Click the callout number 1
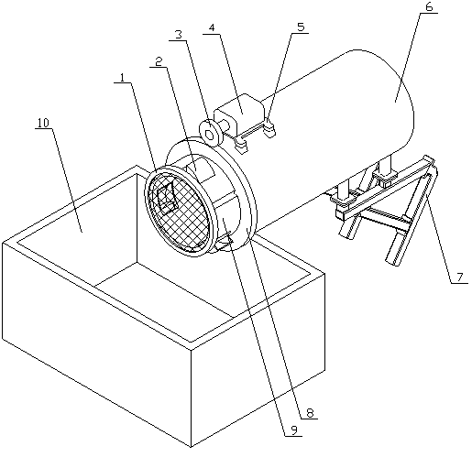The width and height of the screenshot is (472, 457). tap(123, 78)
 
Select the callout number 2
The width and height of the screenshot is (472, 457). tap(159, 62)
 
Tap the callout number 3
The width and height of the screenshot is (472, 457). tap(179, 34)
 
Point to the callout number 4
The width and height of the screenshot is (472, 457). tap(212, 27)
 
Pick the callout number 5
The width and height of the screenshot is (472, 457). tap(301, 27)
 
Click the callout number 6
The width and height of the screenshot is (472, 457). tap(429, 7)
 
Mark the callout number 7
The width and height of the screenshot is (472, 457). tap(460, 277)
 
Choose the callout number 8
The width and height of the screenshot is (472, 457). tap(310, 413)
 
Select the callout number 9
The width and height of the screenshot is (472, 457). tap(294, 430)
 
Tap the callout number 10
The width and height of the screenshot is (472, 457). tap(43, 123)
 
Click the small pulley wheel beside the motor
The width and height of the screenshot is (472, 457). tap(211, 134)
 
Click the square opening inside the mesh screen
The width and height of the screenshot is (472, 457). tap(167, 198)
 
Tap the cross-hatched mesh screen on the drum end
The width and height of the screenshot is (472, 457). tap(179, 211)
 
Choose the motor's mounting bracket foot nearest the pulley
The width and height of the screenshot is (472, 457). tap(241, 145)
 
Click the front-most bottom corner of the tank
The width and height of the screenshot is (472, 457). tap(191, 447)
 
